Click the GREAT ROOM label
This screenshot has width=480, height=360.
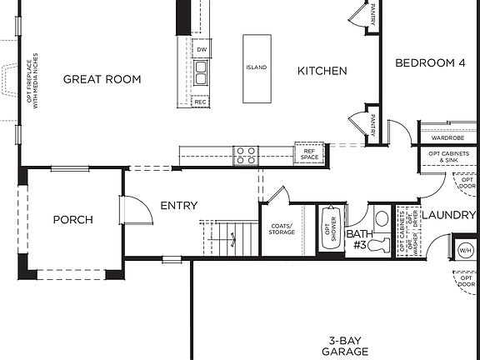(x=102, y=79)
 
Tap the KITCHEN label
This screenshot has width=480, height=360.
(x=322, y=71)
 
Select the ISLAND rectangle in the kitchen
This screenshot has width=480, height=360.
(x=257, y=68)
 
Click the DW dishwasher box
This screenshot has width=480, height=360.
(x=201, y=50)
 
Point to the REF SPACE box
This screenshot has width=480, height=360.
(x=309, y=153)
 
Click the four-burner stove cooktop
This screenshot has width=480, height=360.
(x=246, y=154)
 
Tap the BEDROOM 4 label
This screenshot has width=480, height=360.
(x=429, y=62)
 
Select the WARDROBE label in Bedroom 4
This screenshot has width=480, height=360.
(x=447, y=137)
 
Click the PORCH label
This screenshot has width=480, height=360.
(x=72, y=220)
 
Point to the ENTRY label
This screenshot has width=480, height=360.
(x=179, y=205)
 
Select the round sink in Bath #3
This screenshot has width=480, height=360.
(x=381, y=218)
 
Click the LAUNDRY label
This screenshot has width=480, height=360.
(x=447, y=216)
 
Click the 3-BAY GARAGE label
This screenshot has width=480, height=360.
(x=347, y=346)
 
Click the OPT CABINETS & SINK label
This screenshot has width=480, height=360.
(x=448, y=157)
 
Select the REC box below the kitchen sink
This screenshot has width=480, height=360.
(x=201, y=101)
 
